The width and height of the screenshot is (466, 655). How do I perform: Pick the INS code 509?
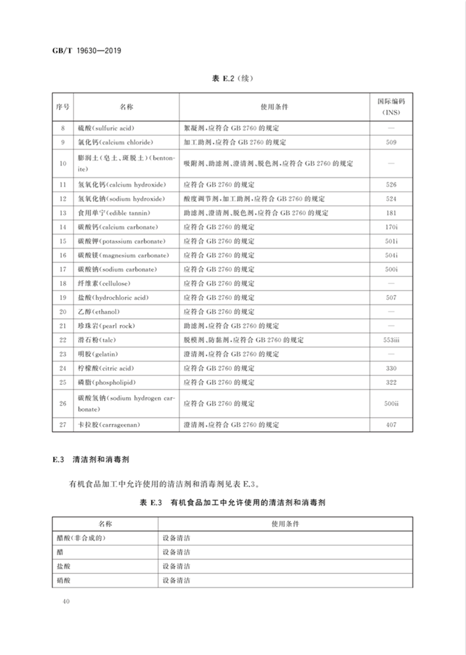coord(391,142)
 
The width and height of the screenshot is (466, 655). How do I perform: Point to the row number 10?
coord(63,163)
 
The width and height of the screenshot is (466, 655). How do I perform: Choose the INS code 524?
coord(391,199)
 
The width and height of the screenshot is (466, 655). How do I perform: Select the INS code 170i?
coord(391,227)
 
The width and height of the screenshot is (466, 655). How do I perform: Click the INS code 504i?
coord(391,255)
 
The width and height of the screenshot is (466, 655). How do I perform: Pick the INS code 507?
coord(391,297)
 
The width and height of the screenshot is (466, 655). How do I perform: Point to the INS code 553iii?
coord(391,340)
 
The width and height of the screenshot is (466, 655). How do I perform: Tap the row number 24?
coord(63,368)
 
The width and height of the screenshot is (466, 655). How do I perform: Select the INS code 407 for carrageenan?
coord(391,425)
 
